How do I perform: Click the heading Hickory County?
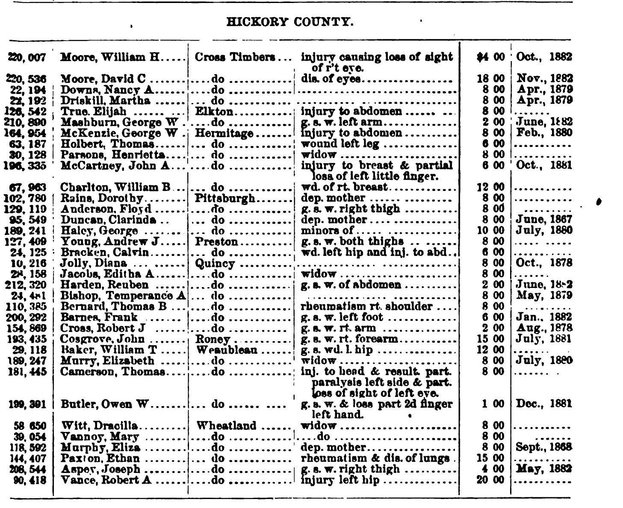[290, 21]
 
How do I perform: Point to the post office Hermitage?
[224, 133]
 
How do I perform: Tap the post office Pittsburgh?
[225, 198]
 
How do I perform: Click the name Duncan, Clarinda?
[108, 220]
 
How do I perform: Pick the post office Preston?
[216, 242]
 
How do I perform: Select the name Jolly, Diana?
[94, 264]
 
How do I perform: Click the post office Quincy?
[215, 264]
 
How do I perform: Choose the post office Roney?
[213, 339]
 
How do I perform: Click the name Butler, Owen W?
[104, 404]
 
